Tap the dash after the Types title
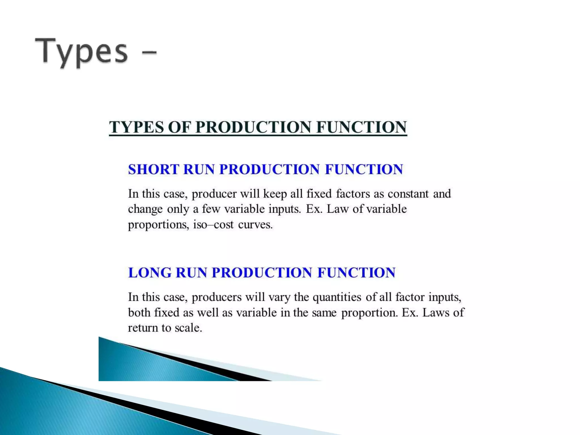[x=148, y=52]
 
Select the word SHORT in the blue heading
[x=153, y=169]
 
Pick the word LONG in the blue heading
[x=150, y=273]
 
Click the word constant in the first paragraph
[x=408, y=194]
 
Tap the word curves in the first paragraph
[x=255, y=225]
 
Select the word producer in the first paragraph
[x=214, y=194]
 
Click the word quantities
[x=337, y=297]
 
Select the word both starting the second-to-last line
[x=139, y=313]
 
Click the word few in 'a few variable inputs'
[x=211, y=209]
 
